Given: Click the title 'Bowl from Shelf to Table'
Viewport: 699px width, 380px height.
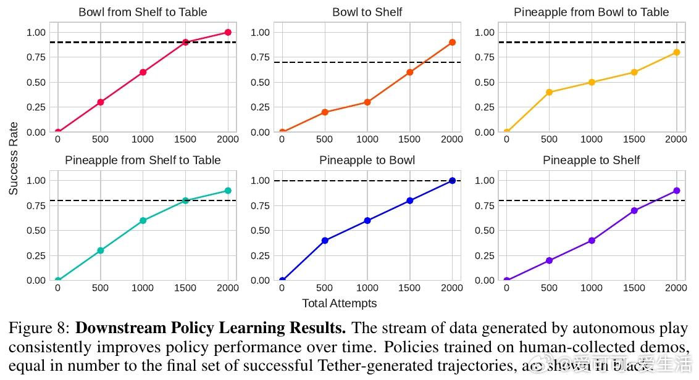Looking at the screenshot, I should [143, 12].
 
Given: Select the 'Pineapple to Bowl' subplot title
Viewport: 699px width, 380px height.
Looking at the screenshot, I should [367, 160].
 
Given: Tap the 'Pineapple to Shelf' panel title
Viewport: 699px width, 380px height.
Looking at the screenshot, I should [591, 160].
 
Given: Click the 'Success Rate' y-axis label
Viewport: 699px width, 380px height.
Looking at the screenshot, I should [14, 159].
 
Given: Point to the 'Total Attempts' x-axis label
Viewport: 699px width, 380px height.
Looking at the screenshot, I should [339, 303].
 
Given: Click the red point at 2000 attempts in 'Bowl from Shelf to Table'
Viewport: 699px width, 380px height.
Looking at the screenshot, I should [228, 32].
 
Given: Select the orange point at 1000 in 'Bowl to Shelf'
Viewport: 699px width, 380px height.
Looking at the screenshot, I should [367, 102].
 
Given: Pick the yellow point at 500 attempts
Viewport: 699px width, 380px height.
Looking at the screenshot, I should [549, 93].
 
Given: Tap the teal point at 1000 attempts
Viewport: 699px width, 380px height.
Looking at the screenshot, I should [143, 220].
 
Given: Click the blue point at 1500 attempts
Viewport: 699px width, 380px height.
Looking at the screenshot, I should [410, 200].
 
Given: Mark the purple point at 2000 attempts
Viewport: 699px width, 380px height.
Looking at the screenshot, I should [677, 191].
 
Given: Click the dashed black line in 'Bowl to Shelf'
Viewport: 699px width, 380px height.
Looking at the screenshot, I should [346, 62].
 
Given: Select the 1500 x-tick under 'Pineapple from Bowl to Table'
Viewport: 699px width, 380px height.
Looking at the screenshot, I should [634, 139].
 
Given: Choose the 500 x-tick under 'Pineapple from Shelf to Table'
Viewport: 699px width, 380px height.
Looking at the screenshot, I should [100, 288].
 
